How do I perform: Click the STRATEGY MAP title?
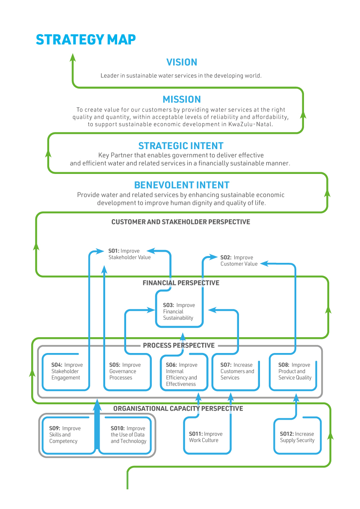(86, 40)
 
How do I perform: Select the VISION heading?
(182, 62)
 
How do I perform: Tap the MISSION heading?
(182, 100)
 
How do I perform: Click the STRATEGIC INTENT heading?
(181, 146)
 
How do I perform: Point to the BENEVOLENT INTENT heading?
(182, 185)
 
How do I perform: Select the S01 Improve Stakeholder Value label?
(129, 254)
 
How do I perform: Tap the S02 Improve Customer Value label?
(239, 261)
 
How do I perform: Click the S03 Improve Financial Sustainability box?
(179, 312)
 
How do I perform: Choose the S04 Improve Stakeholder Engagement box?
(67, 371)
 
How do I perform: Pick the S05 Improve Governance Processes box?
(127, 371)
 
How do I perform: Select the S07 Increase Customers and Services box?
(236, 371)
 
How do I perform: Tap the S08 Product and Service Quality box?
(295, 371)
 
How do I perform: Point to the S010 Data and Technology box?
(127, 435)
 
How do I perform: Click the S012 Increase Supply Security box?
(297, 437)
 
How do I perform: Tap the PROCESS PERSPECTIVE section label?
(179, 345)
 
